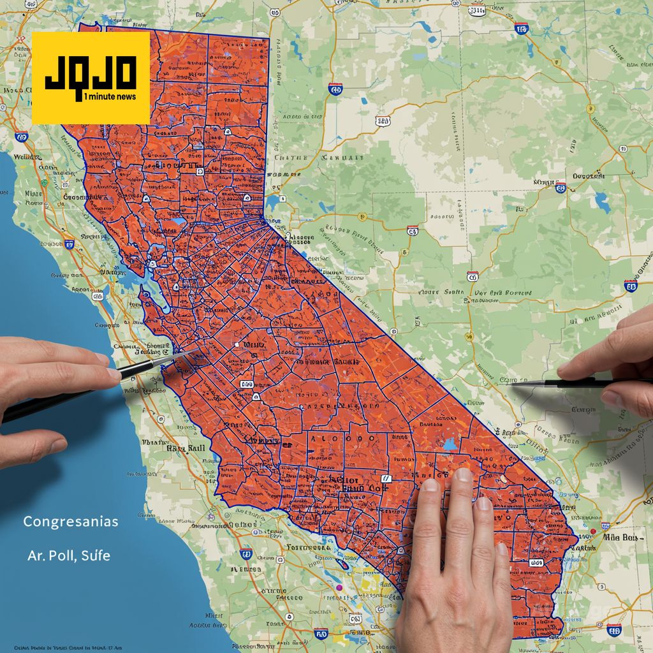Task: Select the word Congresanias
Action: pos(70,522)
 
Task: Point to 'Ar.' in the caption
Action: pos(36,555)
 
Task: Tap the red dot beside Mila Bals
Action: pos(593,531)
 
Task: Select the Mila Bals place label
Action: pos(619,538)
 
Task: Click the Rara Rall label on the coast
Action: pos(186,448)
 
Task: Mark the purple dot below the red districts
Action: pos(339,587)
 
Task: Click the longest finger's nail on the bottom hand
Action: pos(462,475)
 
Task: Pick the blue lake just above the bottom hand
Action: pos(451,444)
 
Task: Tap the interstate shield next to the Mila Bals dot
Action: pos(614,630)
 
